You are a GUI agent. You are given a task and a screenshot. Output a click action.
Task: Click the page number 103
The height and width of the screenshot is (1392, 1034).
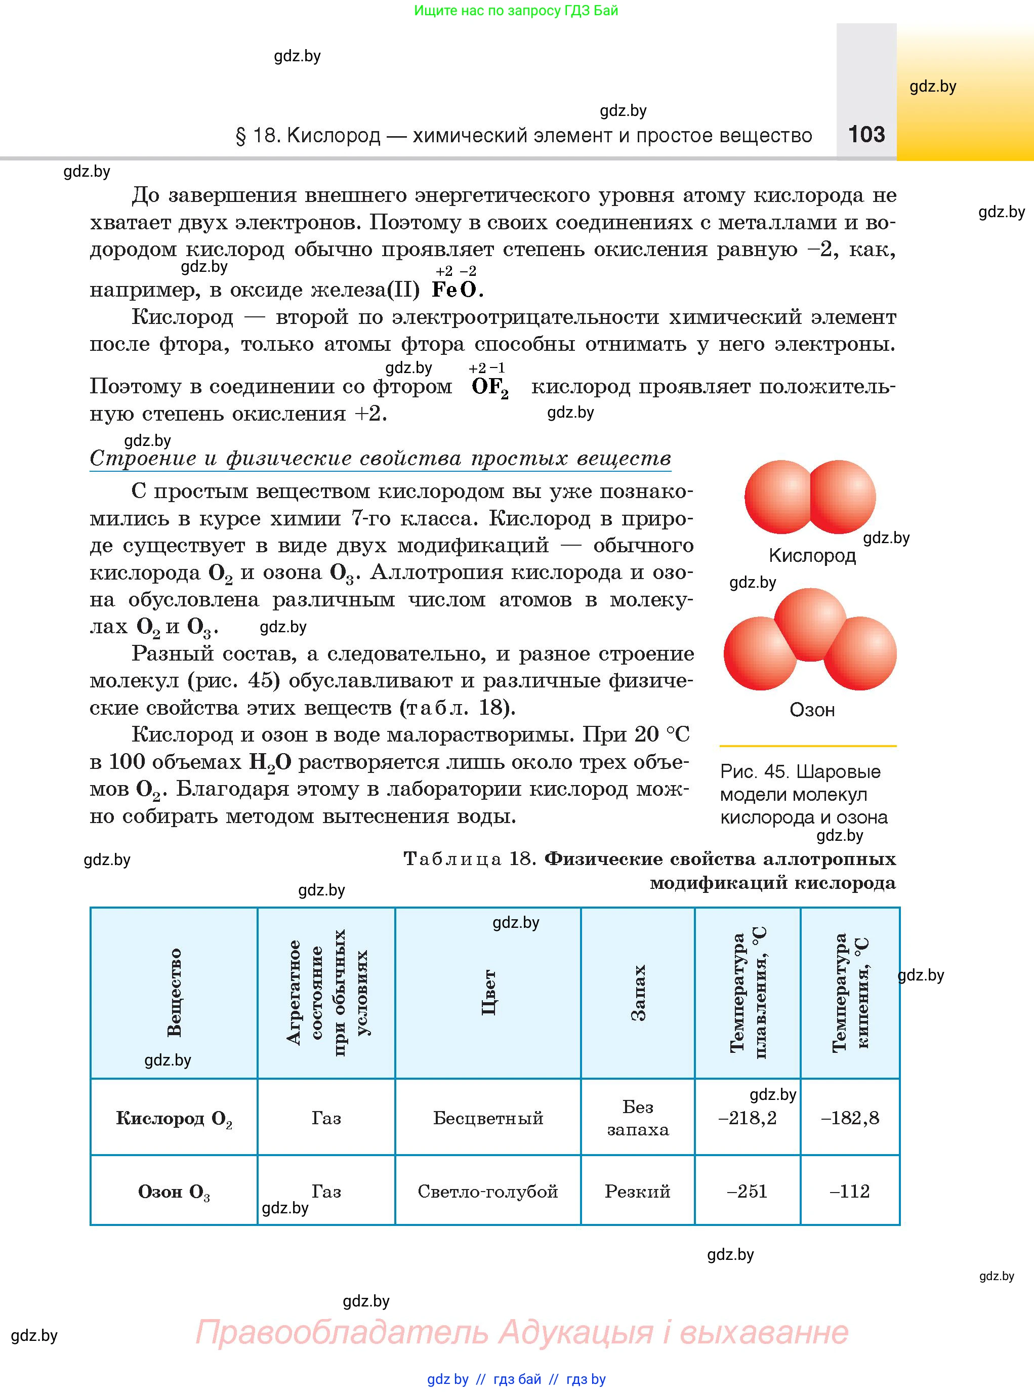pos(866,134)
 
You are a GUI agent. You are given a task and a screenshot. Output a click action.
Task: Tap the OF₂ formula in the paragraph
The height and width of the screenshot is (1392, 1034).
pos(490,387)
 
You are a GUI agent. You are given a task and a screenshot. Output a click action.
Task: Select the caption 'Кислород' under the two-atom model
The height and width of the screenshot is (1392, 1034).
pos(812,555)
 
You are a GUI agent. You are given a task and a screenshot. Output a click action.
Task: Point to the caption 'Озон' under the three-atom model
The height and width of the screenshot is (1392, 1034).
pos(812,710)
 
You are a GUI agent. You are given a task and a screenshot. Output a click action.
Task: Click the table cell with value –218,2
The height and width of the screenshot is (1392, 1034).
pos(748,1117)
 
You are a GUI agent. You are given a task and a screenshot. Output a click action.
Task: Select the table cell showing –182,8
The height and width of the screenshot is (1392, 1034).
pos(850,1117)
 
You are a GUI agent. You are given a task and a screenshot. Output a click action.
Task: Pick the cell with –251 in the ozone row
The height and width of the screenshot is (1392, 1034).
pos(748,1191)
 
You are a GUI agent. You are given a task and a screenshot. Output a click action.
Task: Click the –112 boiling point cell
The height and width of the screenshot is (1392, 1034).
pos(850,1191)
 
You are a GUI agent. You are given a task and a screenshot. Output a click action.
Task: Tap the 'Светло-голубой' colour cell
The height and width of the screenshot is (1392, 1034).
pos(487,1191)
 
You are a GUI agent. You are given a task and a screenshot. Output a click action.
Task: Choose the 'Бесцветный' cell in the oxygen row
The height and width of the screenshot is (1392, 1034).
pos(487,1117)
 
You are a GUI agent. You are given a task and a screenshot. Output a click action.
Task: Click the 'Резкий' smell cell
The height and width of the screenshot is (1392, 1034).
pos(637,1191)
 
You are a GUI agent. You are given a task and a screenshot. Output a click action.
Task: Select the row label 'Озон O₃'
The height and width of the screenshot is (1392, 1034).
pos(174,1191)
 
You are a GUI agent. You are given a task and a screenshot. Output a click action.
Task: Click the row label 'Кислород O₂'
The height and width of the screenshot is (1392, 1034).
pos(174,1118)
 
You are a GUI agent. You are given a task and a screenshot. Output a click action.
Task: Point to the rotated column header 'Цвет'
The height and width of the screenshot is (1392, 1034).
pos(488,992)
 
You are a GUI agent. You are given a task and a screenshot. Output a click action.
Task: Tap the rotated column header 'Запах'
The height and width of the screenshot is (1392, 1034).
pos(637,992)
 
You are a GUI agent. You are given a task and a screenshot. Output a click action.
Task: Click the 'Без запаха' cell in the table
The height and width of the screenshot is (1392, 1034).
pos(637,1117)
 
